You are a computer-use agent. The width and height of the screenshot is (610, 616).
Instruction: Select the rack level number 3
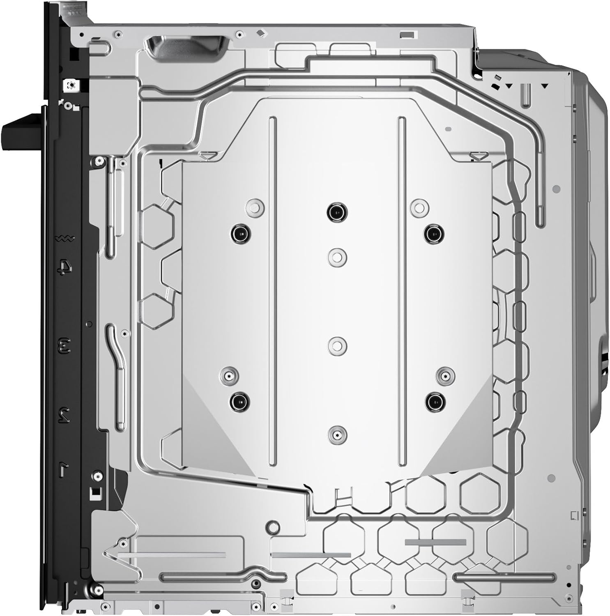click(x=65, y=345)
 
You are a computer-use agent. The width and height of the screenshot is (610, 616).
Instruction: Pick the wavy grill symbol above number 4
click(x=65, y=238)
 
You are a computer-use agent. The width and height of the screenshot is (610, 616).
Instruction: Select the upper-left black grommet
click(x=240, y=234)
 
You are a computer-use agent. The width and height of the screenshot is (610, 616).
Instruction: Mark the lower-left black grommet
click(x=240, y=401)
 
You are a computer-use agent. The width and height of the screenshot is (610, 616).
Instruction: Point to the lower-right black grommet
click(x=435, y=401)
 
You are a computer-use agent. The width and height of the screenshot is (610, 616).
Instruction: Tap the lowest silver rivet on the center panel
click(x=337, y=434)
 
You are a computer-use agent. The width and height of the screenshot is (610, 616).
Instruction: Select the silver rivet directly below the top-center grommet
click(x=337, y=257)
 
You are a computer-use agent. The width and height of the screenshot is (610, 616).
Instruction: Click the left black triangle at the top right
click(x=509, y=86)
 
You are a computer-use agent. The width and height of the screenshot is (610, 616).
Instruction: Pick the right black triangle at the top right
click(x=545, y=86)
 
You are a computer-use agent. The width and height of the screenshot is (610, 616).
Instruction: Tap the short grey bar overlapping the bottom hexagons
click(x=435, y=542)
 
